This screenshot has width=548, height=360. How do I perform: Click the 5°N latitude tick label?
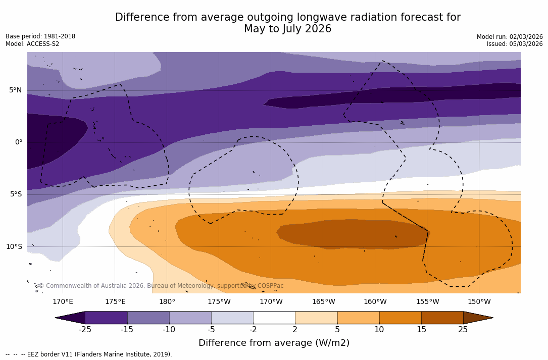(15, 90)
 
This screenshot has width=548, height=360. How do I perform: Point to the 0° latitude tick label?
(18, 142)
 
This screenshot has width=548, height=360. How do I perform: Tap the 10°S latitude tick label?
(14, 247)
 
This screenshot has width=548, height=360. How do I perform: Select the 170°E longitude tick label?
(63, 302)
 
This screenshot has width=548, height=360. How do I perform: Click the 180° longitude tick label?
(167, 302)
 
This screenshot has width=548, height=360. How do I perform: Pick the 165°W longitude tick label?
(323, 302)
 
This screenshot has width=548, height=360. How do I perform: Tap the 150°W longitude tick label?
(479, 302)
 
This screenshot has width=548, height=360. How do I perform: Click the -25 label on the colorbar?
(85, 330)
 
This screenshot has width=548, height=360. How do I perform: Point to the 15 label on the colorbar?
(421, 330)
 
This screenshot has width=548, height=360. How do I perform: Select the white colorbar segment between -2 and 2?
(274, 318)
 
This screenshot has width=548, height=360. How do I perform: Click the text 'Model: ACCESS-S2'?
(32, 44)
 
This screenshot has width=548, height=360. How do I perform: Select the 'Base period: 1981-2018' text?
(40, 36)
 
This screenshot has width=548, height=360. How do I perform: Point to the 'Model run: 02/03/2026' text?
(510, 37)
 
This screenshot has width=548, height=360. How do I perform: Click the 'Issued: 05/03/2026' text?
(515, 44)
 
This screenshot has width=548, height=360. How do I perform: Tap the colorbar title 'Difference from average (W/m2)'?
(274, 343)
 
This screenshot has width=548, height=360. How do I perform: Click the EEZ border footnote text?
(89, 354)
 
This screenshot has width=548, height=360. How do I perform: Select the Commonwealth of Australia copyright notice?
(161, 286)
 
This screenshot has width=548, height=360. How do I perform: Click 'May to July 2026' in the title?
(287, 29)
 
